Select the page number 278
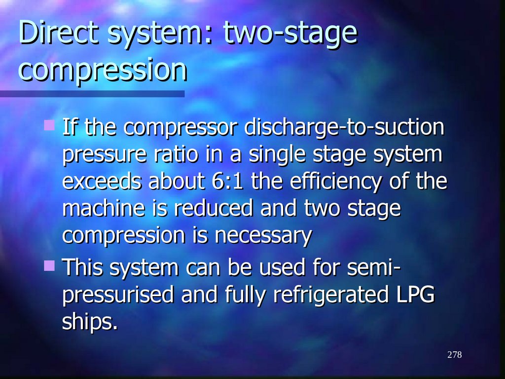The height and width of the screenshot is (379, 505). (x=455, y=355)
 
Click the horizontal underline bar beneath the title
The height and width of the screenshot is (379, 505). (x=92, y=93)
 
